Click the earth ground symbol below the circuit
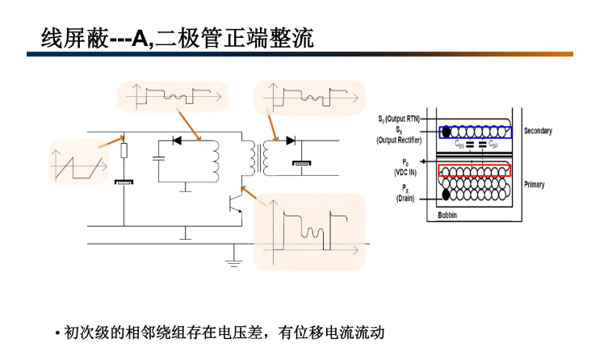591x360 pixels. [234, 257]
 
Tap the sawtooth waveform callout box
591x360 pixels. [78, 161]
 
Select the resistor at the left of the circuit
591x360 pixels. [124, 151]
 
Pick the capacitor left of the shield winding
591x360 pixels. [161, 156]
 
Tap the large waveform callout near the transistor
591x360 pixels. [310, 231]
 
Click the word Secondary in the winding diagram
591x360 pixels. [538, 131]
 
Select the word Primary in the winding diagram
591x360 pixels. [534, 185]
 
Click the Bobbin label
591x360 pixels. [448, 215]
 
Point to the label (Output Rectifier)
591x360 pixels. [398, 139]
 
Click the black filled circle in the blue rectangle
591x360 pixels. [445, 131]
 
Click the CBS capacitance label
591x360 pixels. [459, 145]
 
